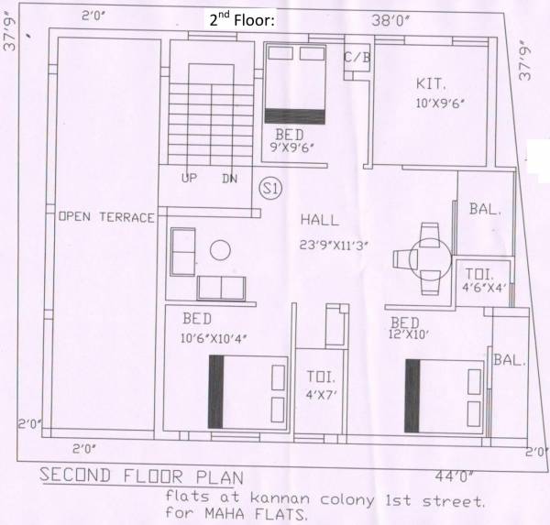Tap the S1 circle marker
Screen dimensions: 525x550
(270, 188)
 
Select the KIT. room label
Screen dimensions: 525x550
(431, 81)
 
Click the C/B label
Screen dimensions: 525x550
(357, 58)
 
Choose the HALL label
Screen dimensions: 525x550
(319, 221)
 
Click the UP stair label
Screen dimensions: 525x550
(190, 179)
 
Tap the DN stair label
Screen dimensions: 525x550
(229, 179)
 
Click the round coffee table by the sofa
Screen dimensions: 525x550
(219, 249)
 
